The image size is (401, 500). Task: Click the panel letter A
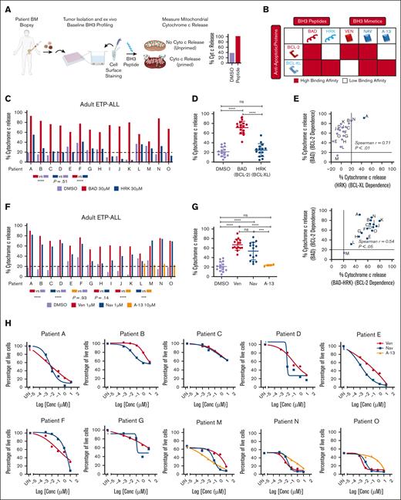tap(7, 7)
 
